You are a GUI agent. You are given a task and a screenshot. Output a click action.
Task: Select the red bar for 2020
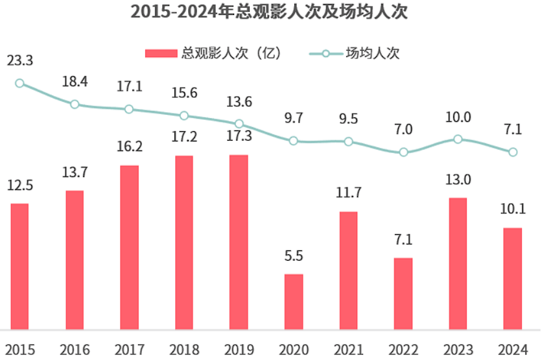click(294, 302)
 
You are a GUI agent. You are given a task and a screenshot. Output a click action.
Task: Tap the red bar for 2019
click(239, 242)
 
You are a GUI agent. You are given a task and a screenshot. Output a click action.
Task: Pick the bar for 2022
click(403, 294)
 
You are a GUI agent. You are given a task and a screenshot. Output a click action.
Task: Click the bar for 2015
click(20, 267)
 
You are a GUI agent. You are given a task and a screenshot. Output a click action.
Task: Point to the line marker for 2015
click(20, 83)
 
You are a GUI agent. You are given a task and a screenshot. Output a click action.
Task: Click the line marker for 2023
click(458, 139)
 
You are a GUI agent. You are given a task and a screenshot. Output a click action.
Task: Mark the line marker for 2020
click(294, 141)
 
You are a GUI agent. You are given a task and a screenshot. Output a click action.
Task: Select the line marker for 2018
click(184, 115)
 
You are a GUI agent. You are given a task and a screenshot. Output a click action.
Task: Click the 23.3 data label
click(20, 61)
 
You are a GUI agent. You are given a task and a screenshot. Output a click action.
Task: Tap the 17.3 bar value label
click(239, 136)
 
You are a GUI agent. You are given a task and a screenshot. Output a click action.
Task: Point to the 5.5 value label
click(294, 256)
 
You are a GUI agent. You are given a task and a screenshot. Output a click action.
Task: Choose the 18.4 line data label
click(75, 82)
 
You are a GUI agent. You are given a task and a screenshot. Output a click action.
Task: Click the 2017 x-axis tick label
click(129, 350)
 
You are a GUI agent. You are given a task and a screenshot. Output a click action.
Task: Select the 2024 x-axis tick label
click(513, 350)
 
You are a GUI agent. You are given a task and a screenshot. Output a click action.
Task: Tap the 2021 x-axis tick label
click(348, 350)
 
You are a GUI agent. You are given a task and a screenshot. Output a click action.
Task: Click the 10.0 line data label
click(458, 117)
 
